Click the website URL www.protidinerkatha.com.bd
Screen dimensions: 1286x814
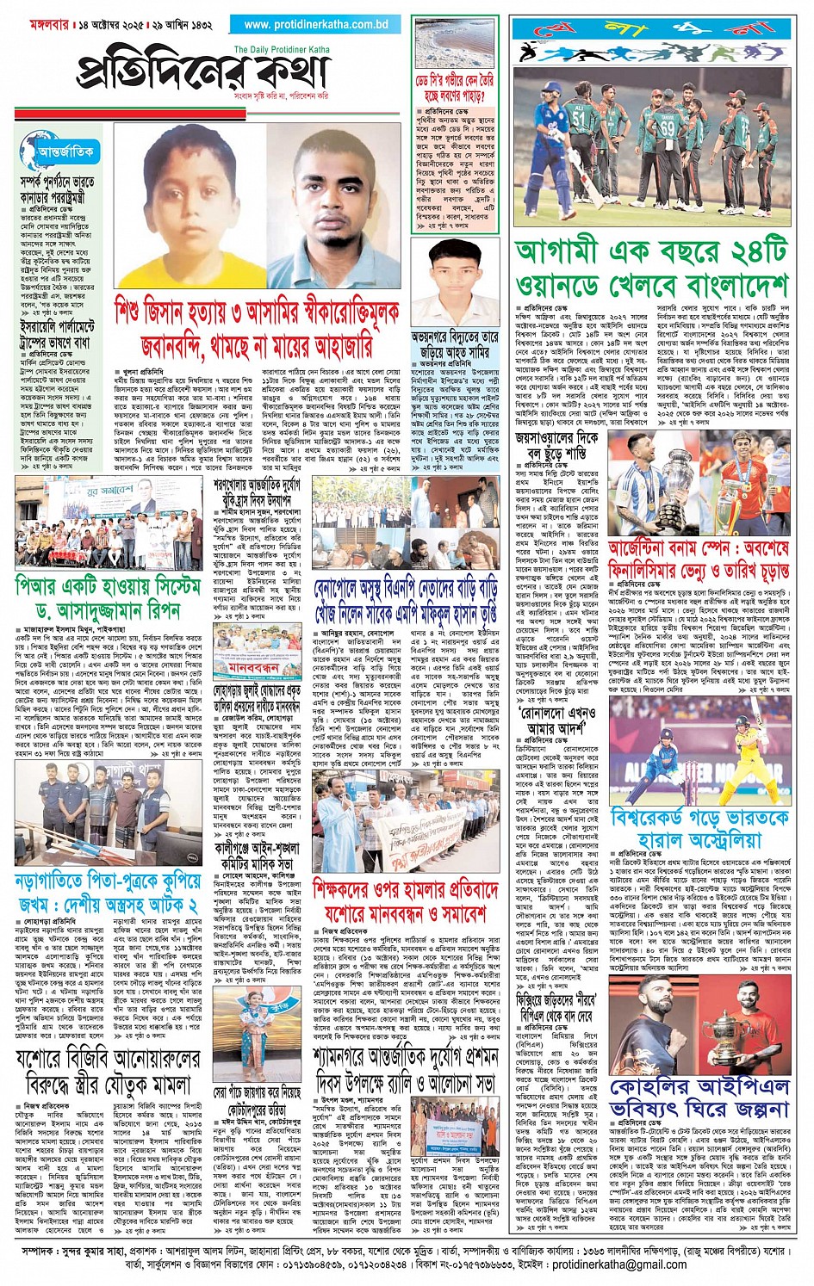(315, 25)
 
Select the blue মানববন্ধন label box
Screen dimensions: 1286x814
(254, 667)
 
